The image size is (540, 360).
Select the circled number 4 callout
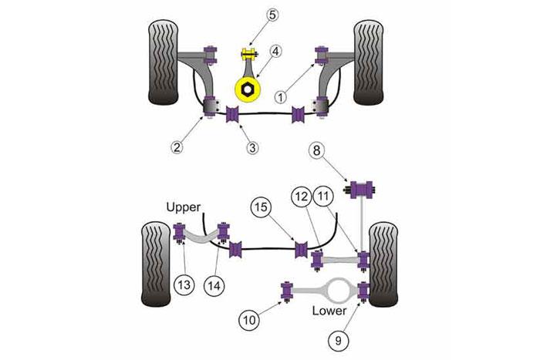click(x=275, y=53)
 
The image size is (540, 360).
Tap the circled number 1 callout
click(x=282, y=97)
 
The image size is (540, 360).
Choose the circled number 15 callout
click(x=261, y=207)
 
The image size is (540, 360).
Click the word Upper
click(x=183, y=208)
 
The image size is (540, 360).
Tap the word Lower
click(x=329, y=311)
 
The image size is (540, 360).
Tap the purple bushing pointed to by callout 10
click(x=288, y=291)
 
